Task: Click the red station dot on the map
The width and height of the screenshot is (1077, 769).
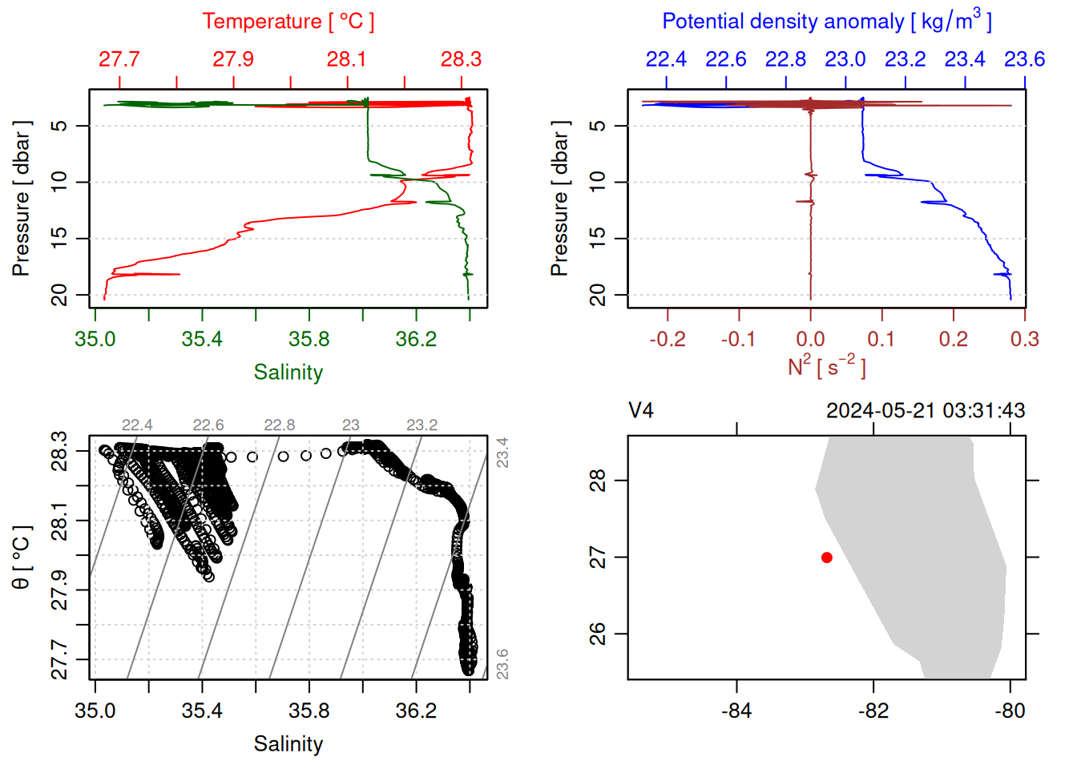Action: point(826,558)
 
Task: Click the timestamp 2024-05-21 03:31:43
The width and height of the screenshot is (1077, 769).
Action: point(926,411)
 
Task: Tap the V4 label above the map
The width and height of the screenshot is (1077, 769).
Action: point(641,411)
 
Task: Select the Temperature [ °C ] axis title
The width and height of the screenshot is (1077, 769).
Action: point(288,22)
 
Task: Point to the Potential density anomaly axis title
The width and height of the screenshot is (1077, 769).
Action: point(826,21)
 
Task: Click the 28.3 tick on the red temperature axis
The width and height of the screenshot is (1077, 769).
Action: point(461,59)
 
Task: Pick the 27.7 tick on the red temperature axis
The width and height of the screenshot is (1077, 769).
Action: point(119,59)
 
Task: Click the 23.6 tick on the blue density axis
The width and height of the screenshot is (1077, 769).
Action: point(1024,59)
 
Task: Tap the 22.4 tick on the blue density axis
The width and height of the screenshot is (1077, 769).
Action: point(666,59)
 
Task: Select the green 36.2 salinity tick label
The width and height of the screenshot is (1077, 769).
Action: point(416,339)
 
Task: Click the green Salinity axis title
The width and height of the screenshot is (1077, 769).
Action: point(288,372)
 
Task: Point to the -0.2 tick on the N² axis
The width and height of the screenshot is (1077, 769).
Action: point(668,339)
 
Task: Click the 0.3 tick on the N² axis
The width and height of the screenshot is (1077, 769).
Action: point(1024,339)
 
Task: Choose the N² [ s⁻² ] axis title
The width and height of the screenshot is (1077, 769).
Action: point(826,367)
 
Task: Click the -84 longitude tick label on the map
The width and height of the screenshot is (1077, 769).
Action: point(736,711)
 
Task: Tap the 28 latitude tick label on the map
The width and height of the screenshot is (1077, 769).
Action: point(598,481)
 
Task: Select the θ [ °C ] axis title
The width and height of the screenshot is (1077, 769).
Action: point(22,558)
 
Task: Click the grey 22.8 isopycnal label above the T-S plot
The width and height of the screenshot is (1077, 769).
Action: point(280,425)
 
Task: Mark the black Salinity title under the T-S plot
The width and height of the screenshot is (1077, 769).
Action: point(288,744)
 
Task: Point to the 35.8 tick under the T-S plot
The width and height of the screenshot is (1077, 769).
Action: point(309,711)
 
